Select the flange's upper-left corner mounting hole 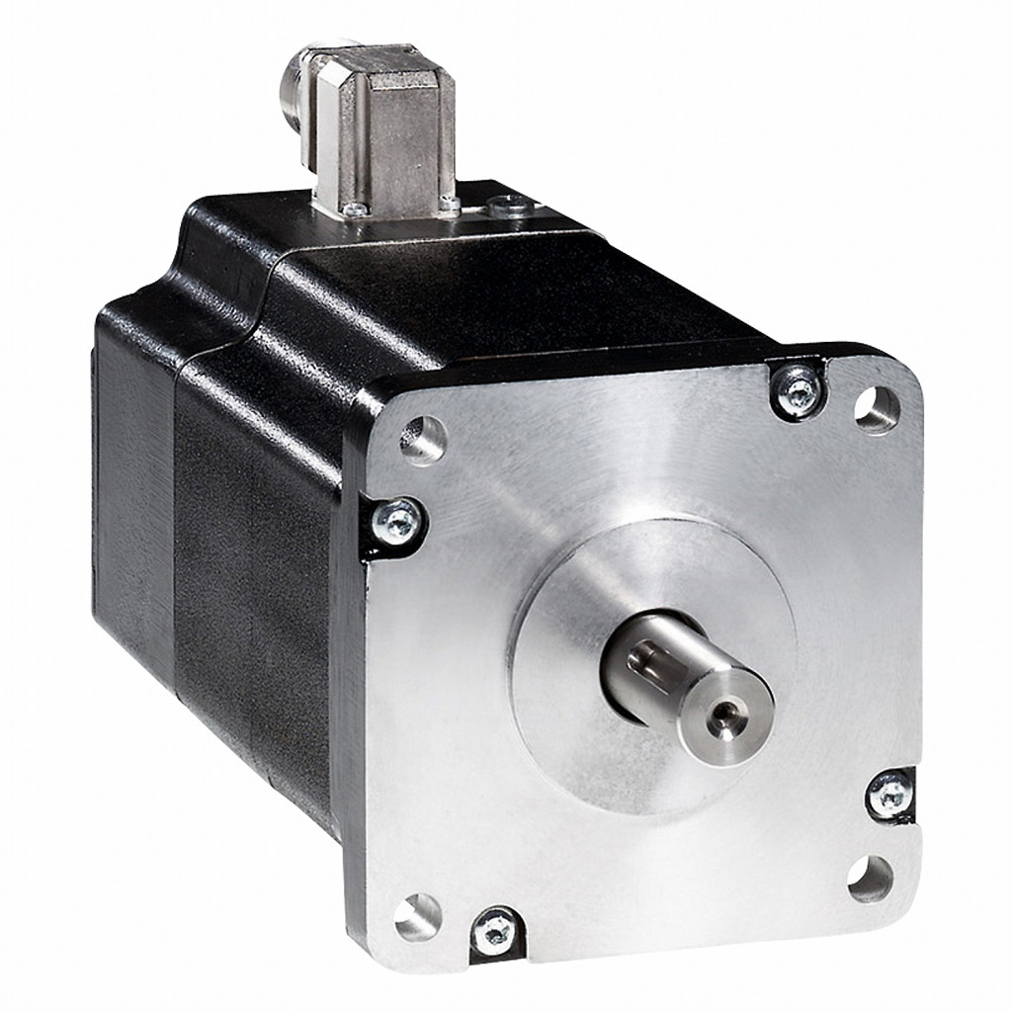[x=423, y=439]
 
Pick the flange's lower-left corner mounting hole [x=417, y=915]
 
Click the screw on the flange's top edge [x=796, y=389]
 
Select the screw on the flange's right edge [x=889, y=793]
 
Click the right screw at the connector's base [x=450, y=206]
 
